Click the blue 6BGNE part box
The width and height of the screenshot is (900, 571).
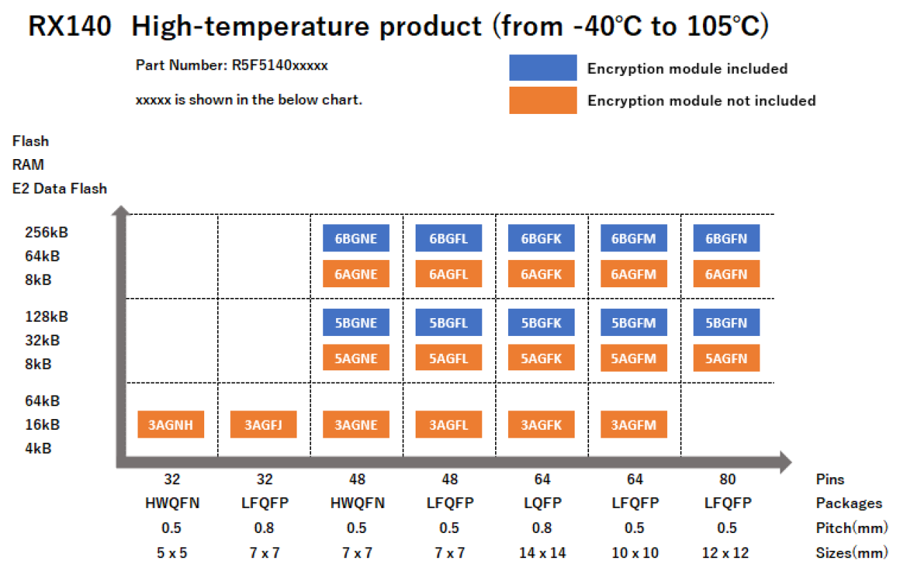356,239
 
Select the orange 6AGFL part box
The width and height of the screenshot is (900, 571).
449,274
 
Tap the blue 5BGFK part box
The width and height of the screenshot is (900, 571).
541,322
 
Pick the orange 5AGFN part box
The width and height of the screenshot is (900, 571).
726,358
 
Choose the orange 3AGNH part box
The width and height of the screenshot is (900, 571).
171,425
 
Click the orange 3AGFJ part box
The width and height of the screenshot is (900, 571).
263,425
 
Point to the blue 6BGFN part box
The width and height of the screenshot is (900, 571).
726,239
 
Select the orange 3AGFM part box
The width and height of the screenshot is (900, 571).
633,425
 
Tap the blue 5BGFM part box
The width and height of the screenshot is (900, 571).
633,322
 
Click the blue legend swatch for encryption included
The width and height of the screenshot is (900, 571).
542,68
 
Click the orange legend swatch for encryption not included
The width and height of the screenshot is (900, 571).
542,100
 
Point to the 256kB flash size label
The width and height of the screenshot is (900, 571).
47,232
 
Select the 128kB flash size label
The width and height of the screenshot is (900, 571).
47,317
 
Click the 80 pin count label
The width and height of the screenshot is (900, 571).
727,479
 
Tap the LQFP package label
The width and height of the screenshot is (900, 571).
542,504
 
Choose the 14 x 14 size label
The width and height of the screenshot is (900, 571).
542,552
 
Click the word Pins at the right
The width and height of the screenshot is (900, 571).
830,479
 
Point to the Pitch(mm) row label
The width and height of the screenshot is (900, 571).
851,528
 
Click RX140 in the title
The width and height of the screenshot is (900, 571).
70,27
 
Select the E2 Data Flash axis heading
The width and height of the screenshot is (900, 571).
59,188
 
